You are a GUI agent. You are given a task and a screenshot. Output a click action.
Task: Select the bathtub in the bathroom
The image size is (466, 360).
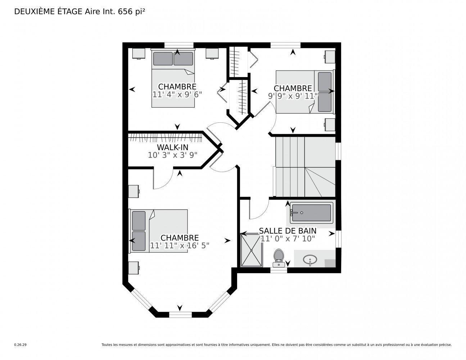point(312,213)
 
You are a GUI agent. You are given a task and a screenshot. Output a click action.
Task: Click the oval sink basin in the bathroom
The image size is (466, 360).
point(310,259)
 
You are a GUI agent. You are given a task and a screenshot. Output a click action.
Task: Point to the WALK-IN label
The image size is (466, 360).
point(172,147)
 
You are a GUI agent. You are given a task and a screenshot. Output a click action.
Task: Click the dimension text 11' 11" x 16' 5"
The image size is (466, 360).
point(180,246)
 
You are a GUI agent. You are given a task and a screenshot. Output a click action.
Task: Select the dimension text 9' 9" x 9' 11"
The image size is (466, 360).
point(293,96)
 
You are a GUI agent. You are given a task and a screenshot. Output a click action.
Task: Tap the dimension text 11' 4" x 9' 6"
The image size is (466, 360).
point(177,94)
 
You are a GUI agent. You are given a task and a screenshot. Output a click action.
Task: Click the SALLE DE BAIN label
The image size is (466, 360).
point(288,231)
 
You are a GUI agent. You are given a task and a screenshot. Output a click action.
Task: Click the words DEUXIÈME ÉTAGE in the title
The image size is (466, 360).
point(48,12)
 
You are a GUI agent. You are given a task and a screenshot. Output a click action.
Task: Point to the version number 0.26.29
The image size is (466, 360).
point(20,345)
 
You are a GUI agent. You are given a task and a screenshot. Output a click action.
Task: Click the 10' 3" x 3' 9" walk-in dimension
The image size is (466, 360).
point(172,155)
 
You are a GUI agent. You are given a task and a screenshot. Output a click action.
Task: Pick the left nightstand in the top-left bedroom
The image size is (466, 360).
point(139,54)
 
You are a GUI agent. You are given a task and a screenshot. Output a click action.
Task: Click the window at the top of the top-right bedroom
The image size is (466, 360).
point(285,45)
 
